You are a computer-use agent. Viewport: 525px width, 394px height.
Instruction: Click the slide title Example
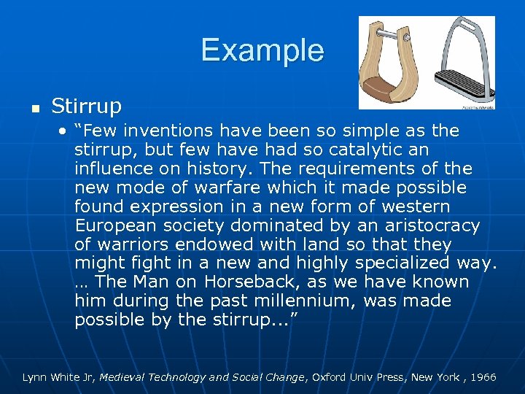pos(262,50)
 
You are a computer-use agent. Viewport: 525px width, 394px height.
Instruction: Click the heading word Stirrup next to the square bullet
pos(86,107)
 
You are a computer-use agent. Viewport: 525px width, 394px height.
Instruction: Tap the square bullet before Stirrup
pos(26,108)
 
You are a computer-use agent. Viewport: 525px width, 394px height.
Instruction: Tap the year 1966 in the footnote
pos(483,377)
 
